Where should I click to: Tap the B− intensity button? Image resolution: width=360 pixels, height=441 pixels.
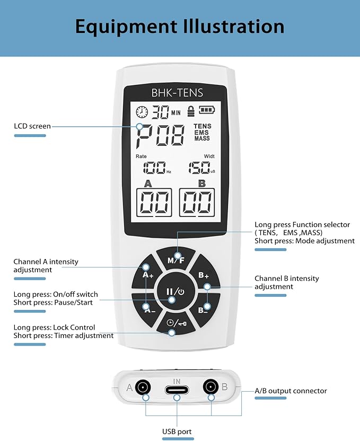click(x=204, y=309)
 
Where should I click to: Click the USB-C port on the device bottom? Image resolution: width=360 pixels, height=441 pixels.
click(x=177, y=388)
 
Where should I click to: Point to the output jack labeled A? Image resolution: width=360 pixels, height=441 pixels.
click(x=142, y=387)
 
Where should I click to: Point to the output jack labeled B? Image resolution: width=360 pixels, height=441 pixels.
click(x=212, y=387)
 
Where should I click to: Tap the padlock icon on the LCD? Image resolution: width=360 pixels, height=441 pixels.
click(x=189, y=111)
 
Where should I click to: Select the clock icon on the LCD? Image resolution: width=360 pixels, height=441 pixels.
click(x=142, y=112)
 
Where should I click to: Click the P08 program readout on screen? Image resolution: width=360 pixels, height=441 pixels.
click(x=160, y=136)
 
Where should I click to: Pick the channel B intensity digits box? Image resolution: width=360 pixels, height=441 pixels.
click(x=197, y=202)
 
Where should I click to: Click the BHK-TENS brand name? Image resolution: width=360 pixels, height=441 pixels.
click(x=177, y=93)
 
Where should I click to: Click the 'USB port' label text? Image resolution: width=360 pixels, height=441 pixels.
click(x=177, y=431)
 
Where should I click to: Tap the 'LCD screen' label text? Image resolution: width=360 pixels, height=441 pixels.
click(x=32, y=126)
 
